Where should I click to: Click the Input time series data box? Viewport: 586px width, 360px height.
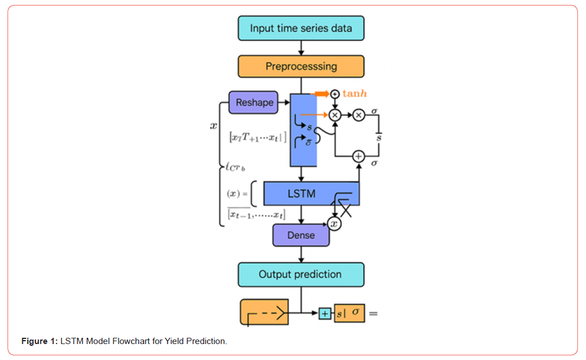click(x=300, y=28)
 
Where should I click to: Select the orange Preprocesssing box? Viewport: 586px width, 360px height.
click(x=300, y=66)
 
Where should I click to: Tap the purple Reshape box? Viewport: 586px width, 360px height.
click(x=254, y=103)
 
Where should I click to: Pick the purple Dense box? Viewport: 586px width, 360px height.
click(x=300, y=235)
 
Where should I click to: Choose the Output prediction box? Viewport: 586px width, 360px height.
click(x=300, y=275)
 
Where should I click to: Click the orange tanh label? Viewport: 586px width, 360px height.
click(x=355, y=93)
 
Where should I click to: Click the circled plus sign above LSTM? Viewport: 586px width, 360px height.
click(x=358, y=156)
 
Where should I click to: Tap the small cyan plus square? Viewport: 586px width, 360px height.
click(x=324, y=313)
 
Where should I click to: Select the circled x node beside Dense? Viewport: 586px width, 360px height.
click(x=334, y=224)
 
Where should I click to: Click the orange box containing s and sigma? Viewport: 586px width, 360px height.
click(x=349, y=313)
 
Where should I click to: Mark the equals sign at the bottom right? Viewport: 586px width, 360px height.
click(x=373, y=313)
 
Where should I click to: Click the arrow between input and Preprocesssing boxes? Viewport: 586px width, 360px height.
click(x=300, y=48)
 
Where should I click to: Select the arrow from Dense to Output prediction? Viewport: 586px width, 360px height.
click(x=300, y=255)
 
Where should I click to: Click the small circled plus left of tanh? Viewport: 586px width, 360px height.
click(x=335, y=93)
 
